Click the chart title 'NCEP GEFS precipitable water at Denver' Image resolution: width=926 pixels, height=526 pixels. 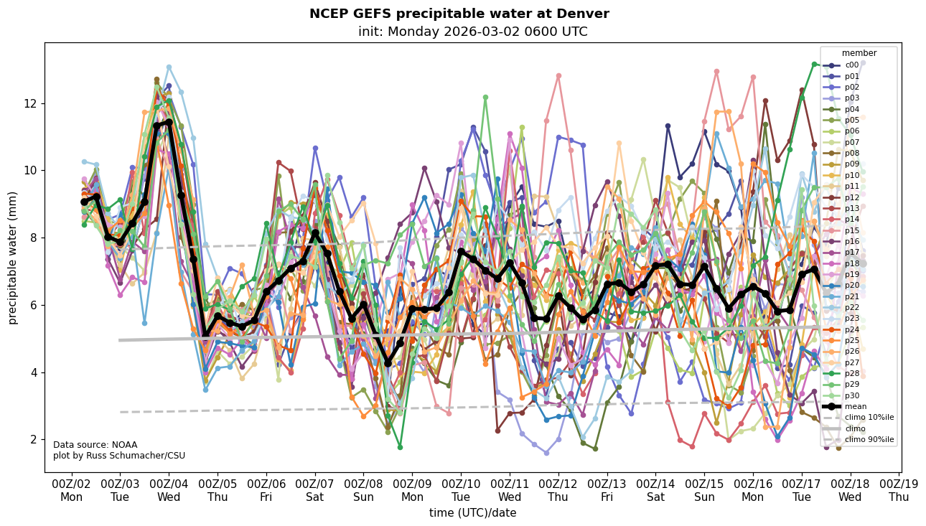pyautogui.click(x=459, y=14)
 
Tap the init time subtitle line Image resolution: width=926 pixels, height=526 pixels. pyautogui.click(x=472, y=32)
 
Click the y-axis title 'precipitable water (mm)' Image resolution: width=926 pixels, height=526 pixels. pyautogui.click(x=13, y=257)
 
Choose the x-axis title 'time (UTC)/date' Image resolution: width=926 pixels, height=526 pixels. pyautogui.click(x=472, y=512)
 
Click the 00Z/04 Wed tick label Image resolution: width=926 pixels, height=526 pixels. pyautogui.click(x=169, y=489)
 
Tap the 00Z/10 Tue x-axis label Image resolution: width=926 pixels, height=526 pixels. pyautogui.click(x=461, y=489)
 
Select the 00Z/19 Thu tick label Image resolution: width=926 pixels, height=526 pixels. pyautogui.click(x=899, y=489)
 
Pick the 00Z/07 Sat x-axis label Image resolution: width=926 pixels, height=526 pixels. pyautogui.click(x=315, y=489)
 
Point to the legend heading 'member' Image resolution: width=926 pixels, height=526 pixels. pyautogui.click(x=859, y=52)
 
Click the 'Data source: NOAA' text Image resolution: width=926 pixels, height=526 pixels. pyautogui.click(x=95, y=445)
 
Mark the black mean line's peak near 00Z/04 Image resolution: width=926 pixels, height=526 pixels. pyautogui.click(x=169, y=123)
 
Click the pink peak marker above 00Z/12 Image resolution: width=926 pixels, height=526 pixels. pyautogui.click(x=558, y=75)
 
